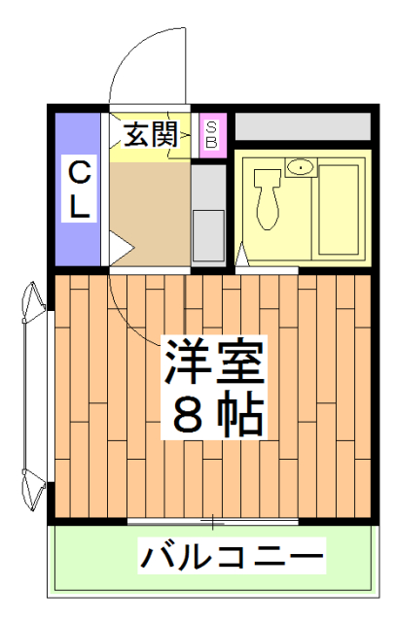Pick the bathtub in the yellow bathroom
point(340,209)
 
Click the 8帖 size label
point(216,413)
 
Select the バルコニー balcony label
point(232,558)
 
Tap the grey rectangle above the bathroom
point(303,126)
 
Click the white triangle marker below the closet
point(118,250)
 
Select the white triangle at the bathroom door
point(242,256)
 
